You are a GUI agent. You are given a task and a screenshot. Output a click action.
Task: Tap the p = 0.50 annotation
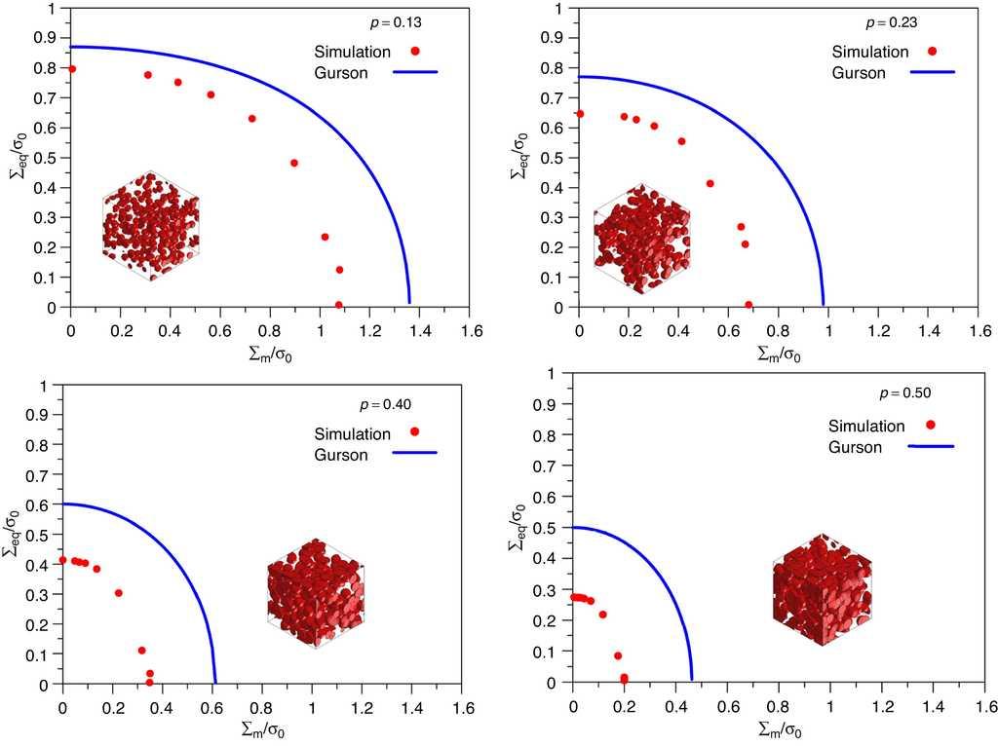coord(905,393)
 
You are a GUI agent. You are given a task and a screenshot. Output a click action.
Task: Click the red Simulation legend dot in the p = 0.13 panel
coord(415,51)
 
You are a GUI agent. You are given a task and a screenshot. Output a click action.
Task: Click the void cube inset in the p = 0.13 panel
coord(150,226)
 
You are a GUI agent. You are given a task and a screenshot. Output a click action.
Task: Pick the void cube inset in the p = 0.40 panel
coord(315,593)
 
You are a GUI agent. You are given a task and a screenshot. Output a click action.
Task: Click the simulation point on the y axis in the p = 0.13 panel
coord(71,69)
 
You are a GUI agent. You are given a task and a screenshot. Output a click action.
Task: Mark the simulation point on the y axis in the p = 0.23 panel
coord(580,114)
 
